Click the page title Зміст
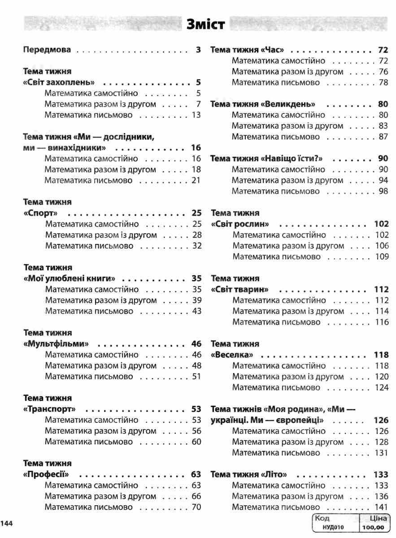coord(205,25)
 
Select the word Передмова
coord(47,50)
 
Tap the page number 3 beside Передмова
coord(198,50)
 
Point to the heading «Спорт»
coord(41,213)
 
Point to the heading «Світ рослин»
coord(240,224)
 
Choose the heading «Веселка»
coord(233,355)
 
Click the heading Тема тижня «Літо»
coord(248,474)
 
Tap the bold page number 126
coord(381,421)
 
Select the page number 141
coord(382,507)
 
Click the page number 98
coord(383,191)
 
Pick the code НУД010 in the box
coord(333,527)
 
